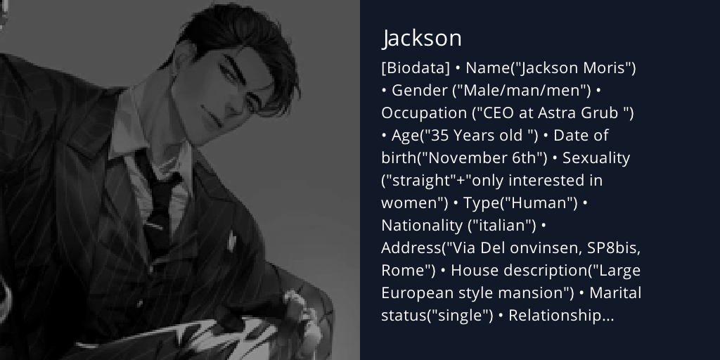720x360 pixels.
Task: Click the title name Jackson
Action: point(422,38)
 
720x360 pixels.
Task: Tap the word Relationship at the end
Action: point(561,316)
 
